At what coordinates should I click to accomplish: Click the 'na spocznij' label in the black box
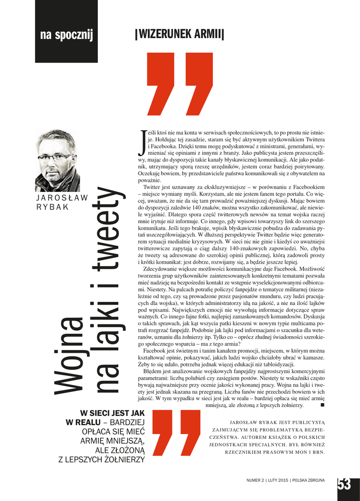(x=67, y=35)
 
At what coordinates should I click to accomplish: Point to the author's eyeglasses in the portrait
(x=55, y=157)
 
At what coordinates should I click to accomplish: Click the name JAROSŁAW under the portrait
(x=62, y=198)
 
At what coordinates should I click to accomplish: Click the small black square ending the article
(x=322, y=405)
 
